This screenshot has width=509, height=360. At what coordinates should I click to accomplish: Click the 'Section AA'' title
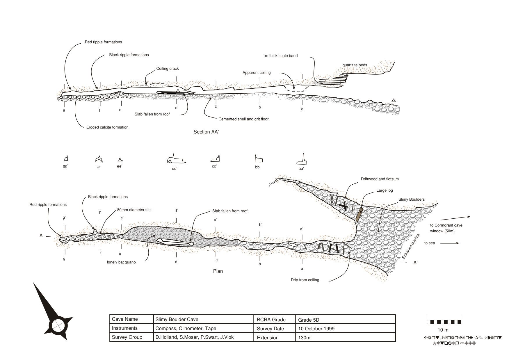(206, 132)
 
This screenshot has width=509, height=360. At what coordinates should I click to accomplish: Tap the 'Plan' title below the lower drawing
(218, 271)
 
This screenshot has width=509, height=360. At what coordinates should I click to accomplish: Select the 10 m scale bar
(444, 322)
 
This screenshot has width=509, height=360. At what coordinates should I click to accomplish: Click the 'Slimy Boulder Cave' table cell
(177, 320)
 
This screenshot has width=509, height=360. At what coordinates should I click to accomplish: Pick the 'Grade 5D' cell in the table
(309, 320)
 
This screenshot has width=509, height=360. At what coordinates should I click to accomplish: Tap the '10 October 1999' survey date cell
(316, 329)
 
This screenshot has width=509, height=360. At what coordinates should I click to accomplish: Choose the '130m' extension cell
(304, 338)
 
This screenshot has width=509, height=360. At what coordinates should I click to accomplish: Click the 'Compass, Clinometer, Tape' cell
(186, 328)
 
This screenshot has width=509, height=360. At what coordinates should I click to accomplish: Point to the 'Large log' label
(385, 190)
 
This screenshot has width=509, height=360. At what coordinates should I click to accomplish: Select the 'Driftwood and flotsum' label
(380, 179)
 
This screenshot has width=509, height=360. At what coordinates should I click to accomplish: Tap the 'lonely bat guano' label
(121, 262)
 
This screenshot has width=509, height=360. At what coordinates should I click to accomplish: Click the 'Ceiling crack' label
(168, 69)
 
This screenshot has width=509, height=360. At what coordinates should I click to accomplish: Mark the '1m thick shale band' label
(280, 56)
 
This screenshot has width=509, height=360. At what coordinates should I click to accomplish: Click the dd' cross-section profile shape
(176, 159)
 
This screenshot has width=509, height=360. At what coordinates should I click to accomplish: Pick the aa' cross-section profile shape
(302, 160)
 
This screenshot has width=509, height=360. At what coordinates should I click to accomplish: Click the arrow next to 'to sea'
(449, 243)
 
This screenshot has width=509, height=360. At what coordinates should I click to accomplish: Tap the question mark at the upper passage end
(270, 185)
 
